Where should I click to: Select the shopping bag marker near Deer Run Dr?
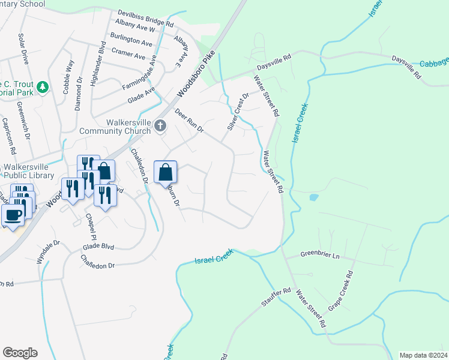point(165,173)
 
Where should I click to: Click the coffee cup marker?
point(13,215)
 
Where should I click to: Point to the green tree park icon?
point(43,88)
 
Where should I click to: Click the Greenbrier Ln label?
point(319,256)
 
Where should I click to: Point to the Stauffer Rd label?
point(276,298)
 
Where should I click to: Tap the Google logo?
point(20,352)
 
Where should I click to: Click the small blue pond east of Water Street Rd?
point(312,197)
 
